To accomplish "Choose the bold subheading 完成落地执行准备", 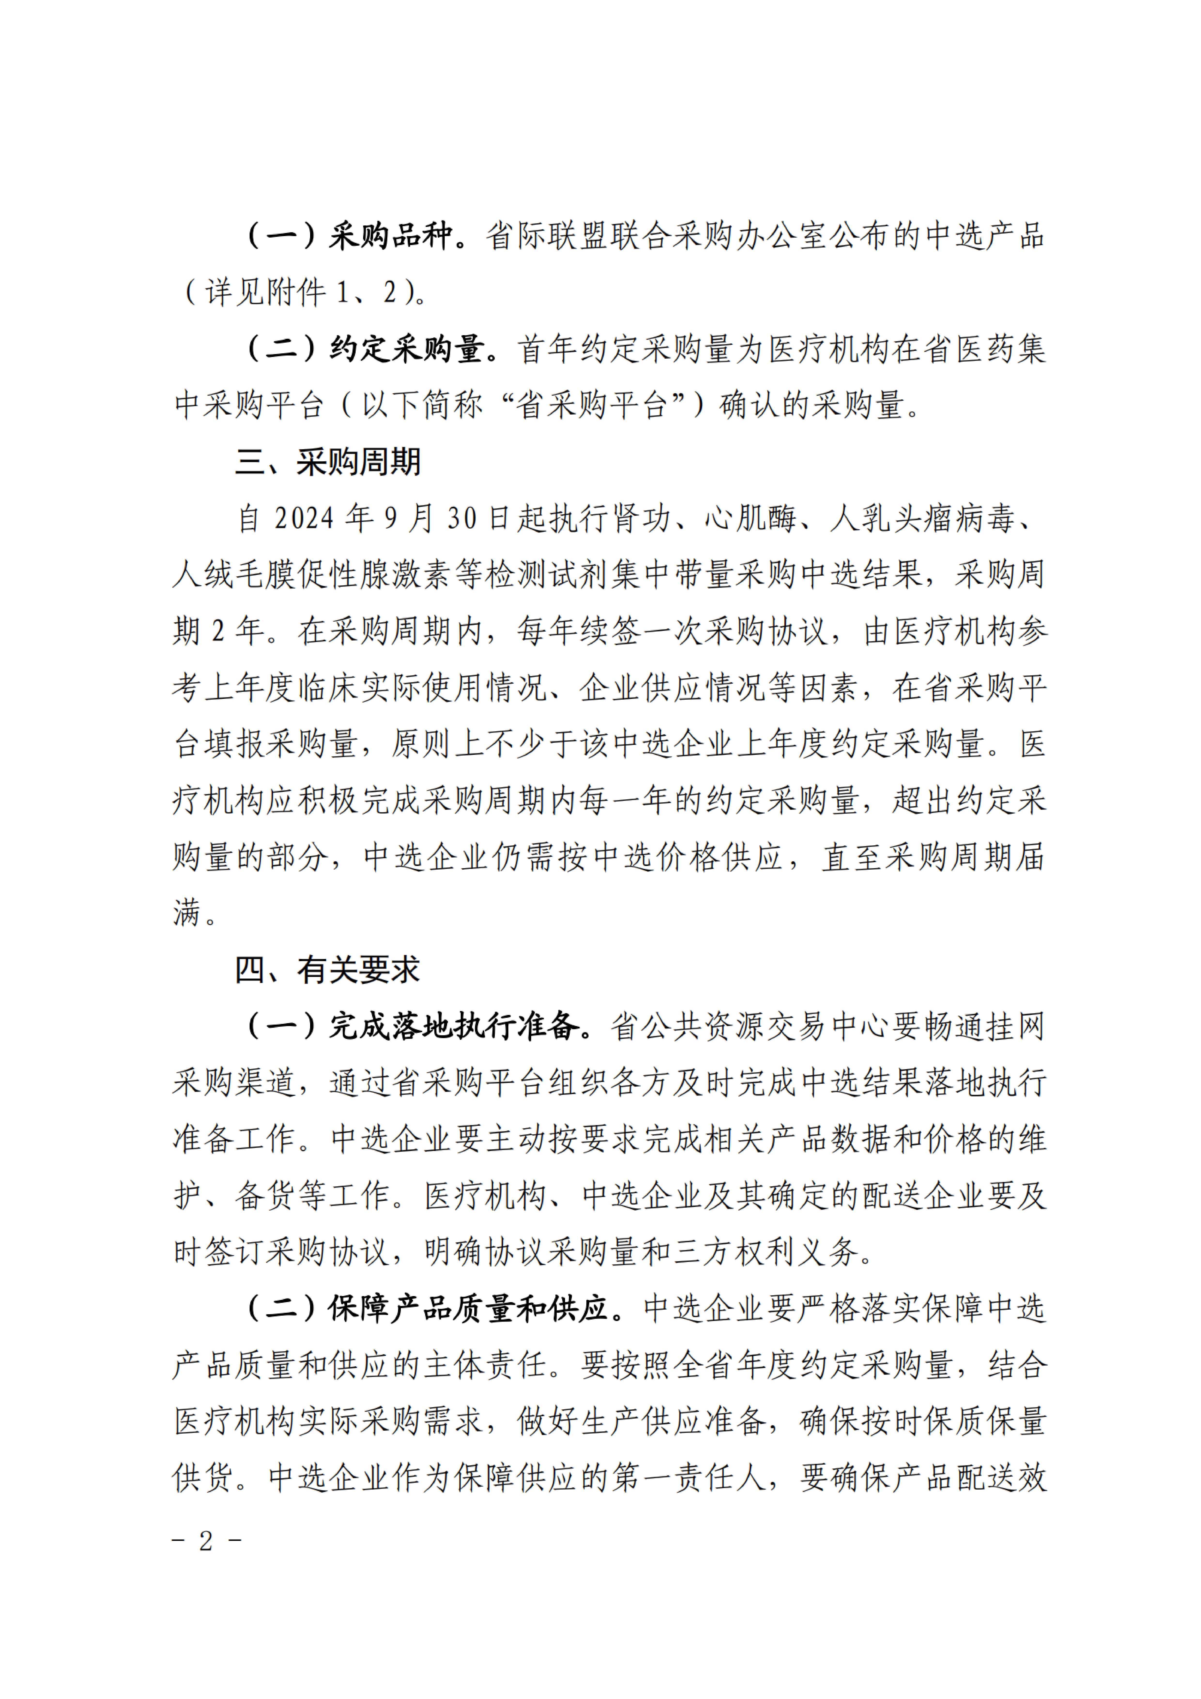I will coord(454,1026).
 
